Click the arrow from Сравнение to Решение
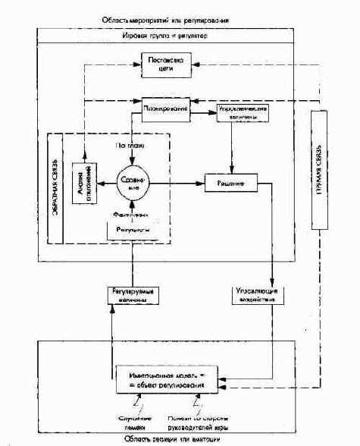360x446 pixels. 178,183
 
